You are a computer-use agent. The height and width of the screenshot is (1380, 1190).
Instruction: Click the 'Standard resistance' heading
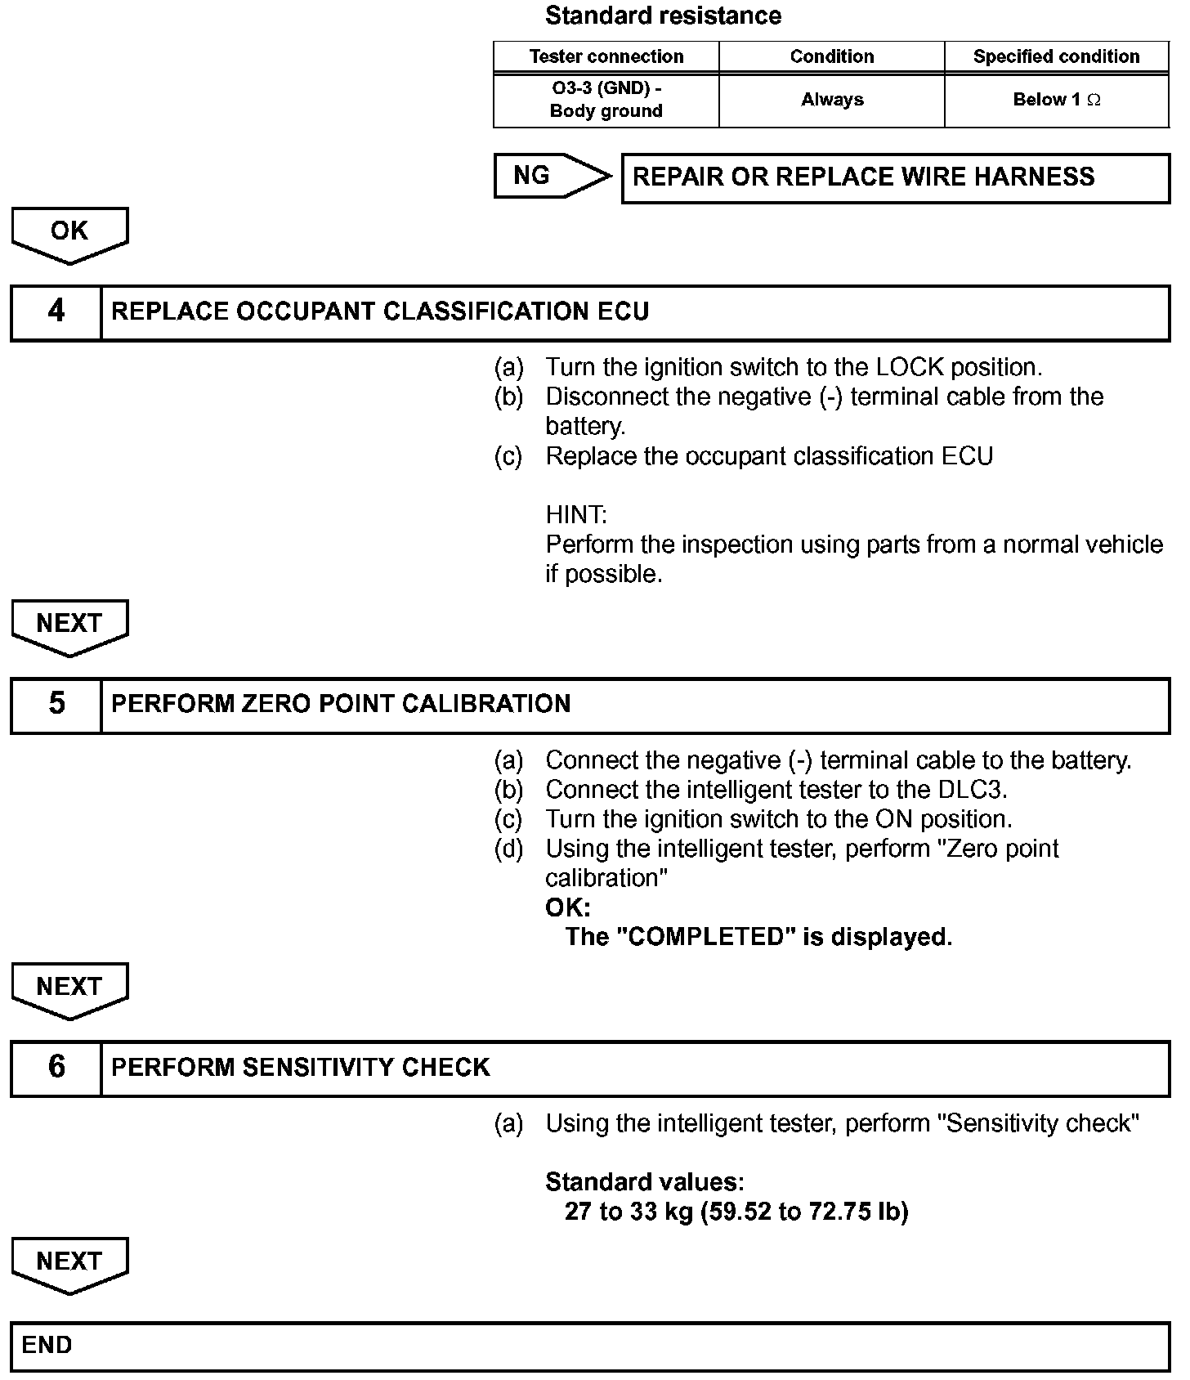[663, 16]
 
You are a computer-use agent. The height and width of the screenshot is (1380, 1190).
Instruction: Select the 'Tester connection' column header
[606, 56]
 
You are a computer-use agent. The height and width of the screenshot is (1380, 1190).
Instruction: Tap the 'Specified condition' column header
[1056, 56]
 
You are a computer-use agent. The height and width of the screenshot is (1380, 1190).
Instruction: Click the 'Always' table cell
[832, 100]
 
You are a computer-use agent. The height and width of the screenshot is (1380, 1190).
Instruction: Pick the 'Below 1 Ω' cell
[1056, 100]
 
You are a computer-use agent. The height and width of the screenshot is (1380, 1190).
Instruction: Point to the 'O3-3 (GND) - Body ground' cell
[606, 100]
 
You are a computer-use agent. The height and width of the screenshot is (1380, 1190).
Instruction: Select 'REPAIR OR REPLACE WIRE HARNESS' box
[895, 177]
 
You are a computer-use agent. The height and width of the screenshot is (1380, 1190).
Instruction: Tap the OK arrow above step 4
[69, 233]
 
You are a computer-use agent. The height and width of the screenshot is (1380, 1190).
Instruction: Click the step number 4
[56, 311]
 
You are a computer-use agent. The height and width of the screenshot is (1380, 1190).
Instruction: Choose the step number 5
[56, 704]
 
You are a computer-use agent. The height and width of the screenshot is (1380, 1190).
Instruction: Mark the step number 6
[56, 1067]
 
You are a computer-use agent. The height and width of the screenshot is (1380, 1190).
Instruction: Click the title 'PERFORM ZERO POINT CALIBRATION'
[341, 704]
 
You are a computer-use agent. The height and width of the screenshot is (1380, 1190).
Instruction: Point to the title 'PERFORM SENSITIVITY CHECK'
[300, 1067]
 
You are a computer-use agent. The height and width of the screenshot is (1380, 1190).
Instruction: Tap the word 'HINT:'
[576, 515]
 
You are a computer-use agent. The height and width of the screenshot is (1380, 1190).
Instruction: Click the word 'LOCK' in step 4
[909, 367]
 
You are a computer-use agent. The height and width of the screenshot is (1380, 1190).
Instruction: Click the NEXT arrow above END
[69, 1263]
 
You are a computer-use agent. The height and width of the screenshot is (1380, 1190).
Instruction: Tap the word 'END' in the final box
[47, 1345]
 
